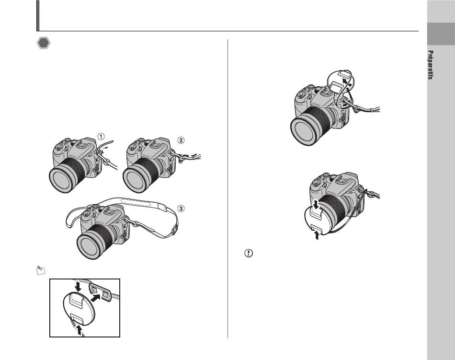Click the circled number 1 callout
pyautogui.click(x=101, y=136)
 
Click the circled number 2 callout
pyautogui.click(x=181, y=140)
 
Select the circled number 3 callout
pyautogui.click(x=181, y=209)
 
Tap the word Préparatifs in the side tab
pyautogui.click(x=431, y=65)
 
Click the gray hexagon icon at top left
pyautogui.click(x=44, y=43)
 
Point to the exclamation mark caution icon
pyautogui.click(x=249, y=253)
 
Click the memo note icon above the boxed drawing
pyautogui.click(x=41, y=270)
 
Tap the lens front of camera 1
pyautogui.click(x=61, y=180)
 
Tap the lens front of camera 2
pyautogui.click(x=135, y=181)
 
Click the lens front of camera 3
pyautogui.click(x=89, y=246)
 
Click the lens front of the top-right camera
pyautogui.click(x=304, y=131)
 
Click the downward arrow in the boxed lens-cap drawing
pyautogui.click(x=78, y=287)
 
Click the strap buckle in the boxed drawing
pyautogui.click(x=100, y=292)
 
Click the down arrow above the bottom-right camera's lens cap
pyautogui.click(x=317, y=204)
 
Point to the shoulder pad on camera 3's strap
pyautogui.click(x=136, y=202)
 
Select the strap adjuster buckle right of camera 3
pyautogui.click(x=175, y=230)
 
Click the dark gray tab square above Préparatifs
pyautogui.click(x=441, y=34)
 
